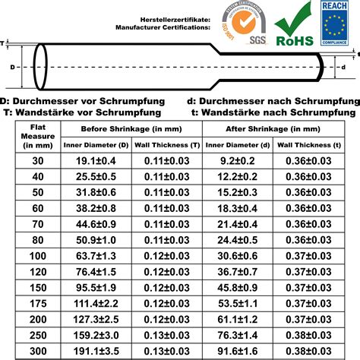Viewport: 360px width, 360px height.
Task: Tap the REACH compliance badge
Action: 335,24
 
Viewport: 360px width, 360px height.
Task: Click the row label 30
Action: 37,161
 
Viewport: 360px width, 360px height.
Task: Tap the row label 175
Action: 37,302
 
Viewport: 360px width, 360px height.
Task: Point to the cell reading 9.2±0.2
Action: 238,161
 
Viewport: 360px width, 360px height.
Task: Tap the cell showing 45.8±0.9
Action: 238,288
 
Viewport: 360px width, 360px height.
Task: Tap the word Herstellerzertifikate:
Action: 175,17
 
